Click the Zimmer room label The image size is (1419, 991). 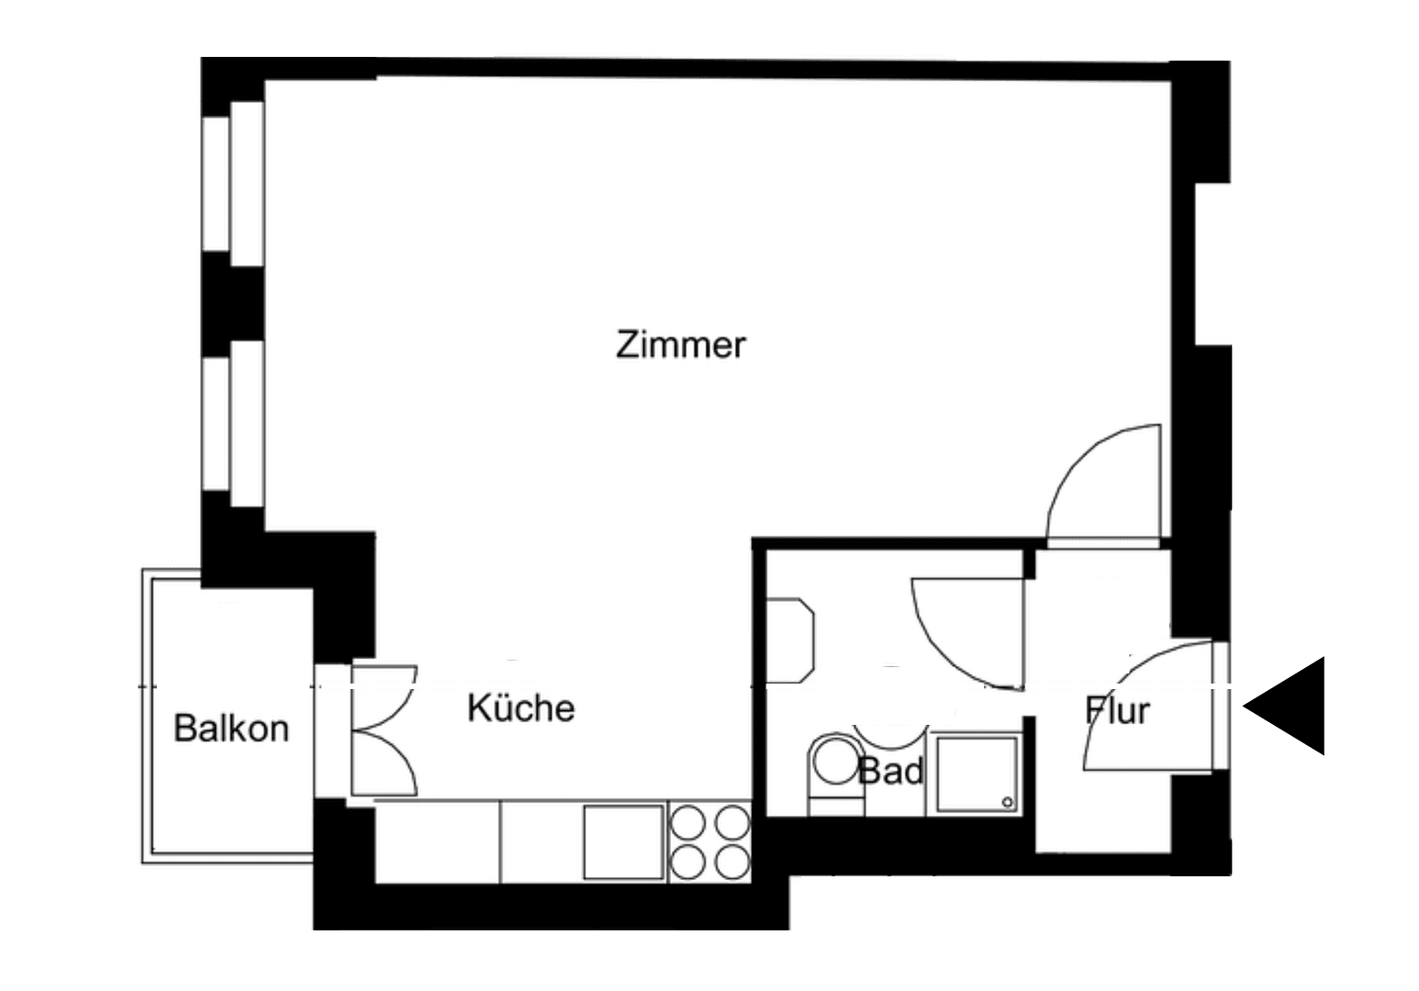coord(680,346)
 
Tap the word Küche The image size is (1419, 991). coord(520,708)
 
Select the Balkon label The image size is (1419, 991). coord(231,729)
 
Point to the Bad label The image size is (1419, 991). coord(890,772)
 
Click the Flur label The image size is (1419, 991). coord(1117,711)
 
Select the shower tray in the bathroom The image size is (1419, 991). coord(975,773)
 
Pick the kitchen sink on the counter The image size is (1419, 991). coord(624,841)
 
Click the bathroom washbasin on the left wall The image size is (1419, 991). coord(789,640)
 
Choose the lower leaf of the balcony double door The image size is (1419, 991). coord(385,762)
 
